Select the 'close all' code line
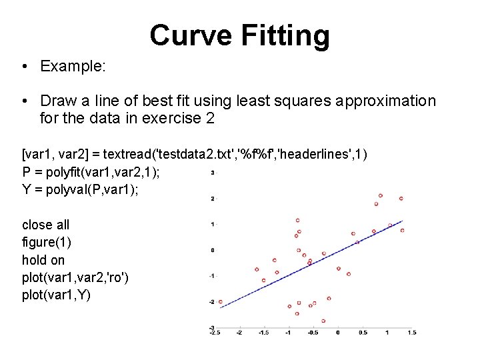click(x=45, y=225)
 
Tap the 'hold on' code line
click(x=43, y=260)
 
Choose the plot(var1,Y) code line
click(x=57, y=295)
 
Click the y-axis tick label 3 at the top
click(x=212, y=173)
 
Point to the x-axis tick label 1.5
click(x=411, y=332)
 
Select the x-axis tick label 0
click(x=338, y=332)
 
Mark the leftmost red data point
click(x=221, y=301)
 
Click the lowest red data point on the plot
click(x=323, y=321)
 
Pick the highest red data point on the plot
click(x=381, y=195)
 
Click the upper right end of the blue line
click(x=402, y=221)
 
